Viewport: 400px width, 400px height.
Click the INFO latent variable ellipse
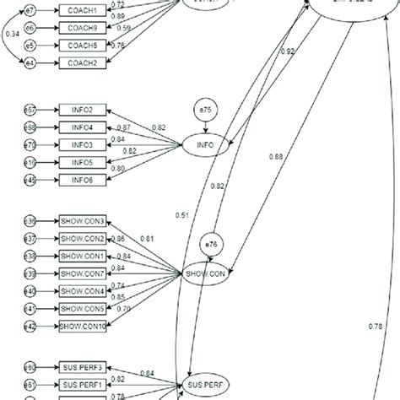[x=205, y=145]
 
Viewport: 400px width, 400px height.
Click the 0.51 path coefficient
[x=182, y=214]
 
